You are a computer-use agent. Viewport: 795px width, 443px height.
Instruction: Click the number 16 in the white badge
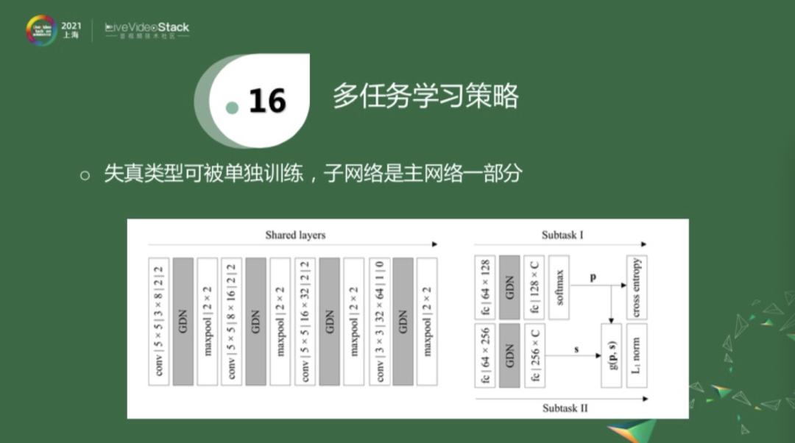pos(267,101)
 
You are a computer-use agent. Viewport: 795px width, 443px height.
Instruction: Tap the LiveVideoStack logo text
pos(147,27)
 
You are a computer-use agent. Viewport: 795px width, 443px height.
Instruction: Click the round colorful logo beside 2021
pos(40,29)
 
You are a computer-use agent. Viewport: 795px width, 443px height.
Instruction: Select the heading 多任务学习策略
pos(425,96)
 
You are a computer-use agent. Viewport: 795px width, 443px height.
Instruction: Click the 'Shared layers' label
pos(295,235)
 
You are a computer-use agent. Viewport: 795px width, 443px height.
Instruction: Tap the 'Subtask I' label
pos(562,235)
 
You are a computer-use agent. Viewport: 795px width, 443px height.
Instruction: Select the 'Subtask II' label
pos(565,407)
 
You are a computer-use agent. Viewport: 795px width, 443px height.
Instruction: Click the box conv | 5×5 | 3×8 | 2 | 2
pos(159,322)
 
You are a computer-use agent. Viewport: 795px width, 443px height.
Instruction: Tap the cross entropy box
pos(636,287)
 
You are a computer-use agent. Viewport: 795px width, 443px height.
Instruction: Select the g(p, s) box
pos(612,355)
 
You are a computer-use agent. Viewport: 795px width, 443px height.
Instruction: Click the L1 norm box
pos(636,355)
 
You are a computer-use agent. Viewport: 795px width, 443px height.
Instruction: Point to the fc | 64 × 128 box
pos(485,287)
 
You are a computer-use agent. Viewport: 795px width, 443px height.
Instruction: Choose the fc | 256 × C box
pos(534,355)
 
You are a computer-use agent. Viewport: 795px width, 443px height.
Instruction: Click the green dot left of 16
pos(233,108)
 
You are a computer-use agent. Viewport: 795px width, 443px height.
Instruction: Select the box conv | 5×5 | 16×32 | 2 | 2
pos(305,322)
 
